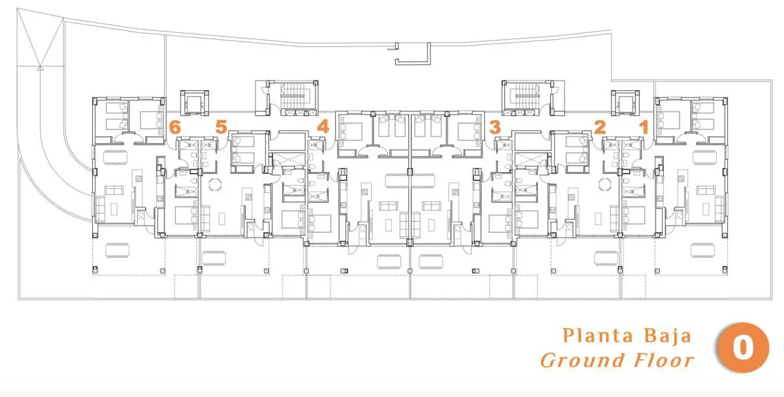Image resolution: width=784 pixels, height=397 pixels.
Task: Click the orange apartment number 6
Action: click(x=174, y=127)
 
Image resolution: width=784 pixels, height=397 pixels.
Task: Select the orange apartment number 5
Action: click(x=221, y=127)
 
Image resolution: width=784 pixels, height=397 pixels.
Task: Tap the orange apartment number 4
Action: click(x=323, y=126)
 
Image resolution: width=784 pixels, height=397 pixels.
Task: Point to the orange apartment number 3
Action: click(x=495, y=127)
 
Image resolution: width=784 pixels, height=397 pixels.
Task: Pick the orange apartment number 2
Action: click(x=600, y=127)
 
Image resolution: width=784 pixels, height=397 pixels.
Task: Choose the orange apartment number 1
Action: click(x=644, y=127)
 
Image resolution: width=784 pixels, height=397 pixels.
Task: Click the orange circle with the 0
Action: click(x=743, y=347)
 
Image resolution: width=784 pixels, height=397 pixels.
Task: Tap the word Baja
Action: click(x=668, y=336)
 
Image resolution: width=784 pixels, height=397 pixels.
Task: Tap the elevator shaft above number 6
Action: click(x=194, y=103)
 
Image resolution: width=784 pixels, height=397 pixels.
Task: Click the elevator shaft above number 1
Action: click(x=625, y=103)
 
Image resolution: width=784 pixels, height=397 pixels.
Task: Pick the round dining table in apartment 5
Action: click(x=214, y=184)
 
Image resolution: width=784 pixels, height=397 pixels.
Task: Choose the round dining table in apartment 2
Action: click(x=604, y=184)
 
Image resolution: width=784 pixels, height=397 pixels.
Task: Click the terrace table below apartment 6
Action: click(x=117, y=250)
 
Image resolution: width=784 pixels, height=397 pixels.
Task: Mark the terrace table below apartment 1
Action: click(x=702, y=250)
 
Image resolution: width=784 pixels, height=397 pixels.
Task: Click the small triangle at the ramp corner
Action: click(x=41, y=68)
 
